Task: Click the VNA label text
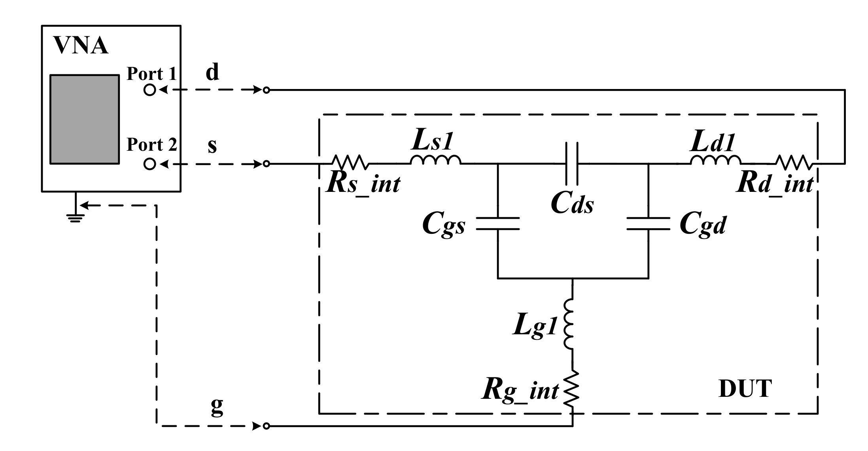(x=81, y=46)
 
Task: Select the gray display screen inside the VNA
(x=84, y=119)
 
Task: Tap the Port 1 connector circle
(x=149, y=90)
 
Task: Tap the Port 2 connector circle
(x=149, y=163)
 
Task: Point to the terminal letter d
(x=212, y=73)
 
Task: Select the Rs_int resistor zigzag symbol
(x=350, y=162)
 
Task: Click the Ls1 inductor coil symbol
(x=435, y=160)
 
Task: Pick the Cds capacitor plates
(x=572, y=163)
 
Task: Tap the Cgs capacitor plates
(x=497, y=223)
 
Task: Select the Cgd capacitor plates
(x=648, y=223)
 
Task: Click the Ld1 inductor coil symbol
(x=716, y=160)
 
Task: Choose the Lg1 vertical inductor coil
(x=569, y=324)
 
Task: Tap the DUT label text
(x=745, y=389)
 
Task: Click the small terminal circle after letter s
(x=267, y=163)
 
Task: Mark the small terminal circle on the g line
(x=267, y=426)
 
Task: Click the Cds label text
(x=572, y=204)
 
